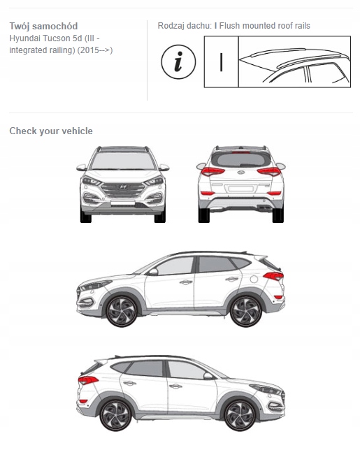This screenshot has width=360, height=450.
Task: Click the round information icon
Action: (178, 61)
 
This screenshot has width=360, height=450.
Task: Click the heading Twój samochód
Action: (43, 26)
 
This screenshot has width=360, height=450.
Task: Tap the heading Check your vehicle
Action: (51, 131)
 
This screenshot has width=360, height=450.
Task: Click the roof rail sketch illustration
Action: (294, 61)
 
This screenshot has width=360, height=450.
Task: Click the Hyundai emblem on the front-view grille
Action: (123, 187)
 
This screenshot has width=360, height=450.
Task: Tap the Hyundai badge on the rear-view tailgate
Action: (241, 172)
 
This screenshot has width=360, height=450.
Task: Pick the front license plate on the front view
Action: (123, 203)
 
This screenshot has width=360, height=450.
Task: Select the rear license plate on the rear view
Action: (241, 189)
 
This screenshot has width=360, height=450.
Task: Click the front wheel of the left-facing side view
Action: (122, 311)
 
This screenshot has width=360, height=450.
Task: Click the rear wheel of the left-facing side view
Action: (246, 311)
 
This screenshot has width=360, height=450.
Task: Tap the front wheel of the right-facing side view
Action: (240, 415)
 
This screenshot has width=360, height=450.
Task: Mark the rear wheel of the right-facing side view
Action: (115, 415)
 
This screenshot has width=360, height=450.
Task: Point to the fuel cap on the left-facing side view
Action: (254, 279)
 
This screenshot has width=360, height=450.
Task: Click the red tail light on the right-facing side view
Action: (88, 380)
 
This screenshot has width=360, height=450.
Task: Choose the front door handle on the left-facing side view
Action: (186, 282)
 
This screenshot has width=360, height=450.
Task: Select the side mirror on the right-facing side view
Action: (208, 376)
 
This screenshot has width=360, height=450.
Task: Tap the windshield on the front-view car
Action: (123, 161)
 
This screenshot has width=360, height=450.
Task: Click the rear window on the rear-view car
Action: (241, 159)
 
